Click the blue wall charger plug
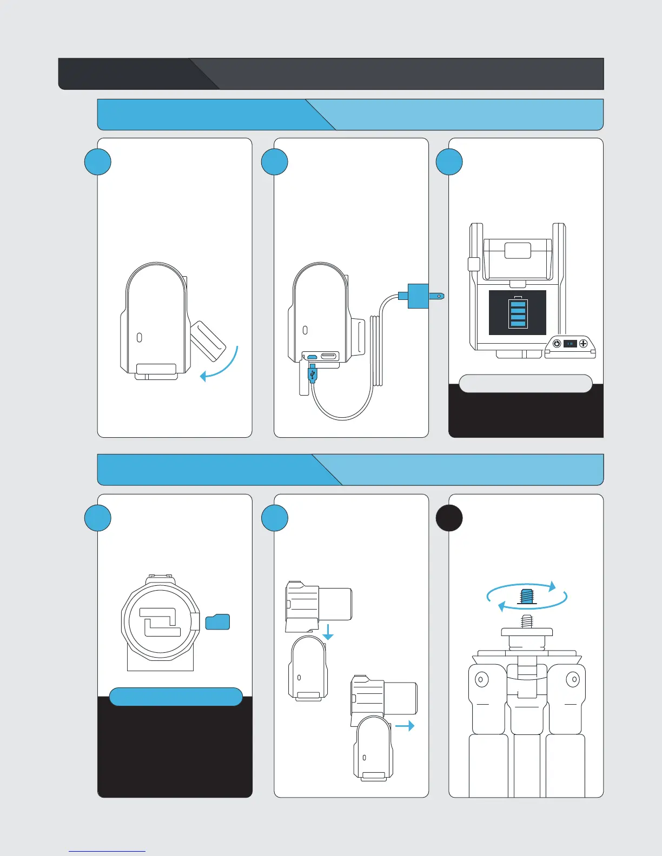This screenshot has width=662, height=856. [418, 296]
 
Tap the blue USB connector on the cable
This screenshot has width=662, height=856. [313, 373]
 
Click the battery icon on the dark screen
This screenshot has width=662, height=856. [518, 313]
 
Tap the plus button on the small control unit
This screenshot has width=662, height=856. [583, 344]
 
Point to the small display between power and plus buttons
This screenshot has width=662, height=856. [570, 344]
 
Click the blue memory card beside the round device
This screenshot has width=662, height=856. [218, 622]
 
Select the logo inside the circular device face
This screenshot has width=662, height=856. [160, 622]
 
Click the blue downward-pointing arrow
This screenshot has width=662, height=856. [328, 632]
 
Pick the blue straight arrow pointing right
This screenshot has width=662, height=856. [405, 726]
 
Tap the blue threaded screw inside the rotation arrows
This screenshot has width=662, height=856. [527, 597]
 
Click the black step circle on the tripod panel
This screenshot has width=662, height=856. [449, 518]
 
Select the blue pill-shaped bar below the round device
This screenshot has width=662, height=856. [176, 697]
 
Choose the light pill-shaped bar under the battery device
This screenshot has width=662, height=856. [525, 383]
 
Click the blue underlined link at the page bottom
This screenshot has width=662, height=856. [107, 851]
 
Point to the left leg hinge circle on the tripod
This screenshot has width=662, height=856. [480, 679]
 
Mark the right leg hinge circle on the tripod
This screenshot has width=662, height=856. [573, 679]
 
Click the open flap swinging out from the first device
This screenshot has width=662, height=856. [208, 341]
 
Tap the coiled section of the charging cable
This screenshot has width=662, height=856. [378, 351]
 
